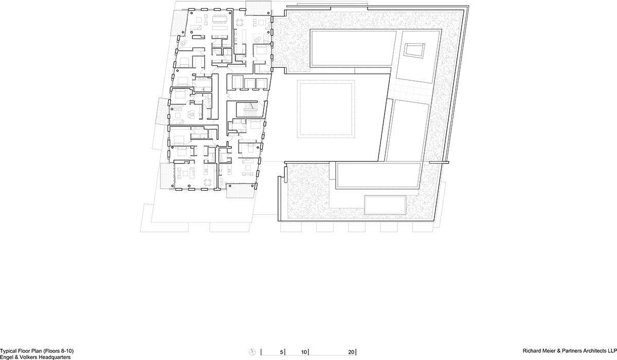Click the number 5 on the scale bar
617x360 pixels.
tap(282, 352)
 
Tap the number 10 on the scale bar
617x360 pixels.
tap(304, 352)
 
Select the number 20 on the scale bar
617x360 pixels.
tap(351, 352)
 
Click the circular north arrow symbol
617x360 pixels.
tap(252, 352)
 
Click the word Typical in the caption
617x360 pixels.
tap(7, 351)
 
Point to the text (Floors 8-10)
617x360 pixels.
tap(59, 351)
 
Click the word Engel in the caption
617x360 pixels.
tap(6, 357)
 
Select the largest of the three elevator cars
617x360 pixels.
tap(237, 82)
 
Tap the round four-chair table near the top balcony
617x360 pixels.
tap(240, 23)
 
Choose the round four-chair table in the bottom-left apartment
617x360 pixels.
tap(207, 183)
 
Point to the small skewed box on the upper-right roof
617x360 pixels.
tap(414, 50)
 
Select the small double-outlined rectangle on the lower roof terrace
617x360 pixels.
tap(385, 205)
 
